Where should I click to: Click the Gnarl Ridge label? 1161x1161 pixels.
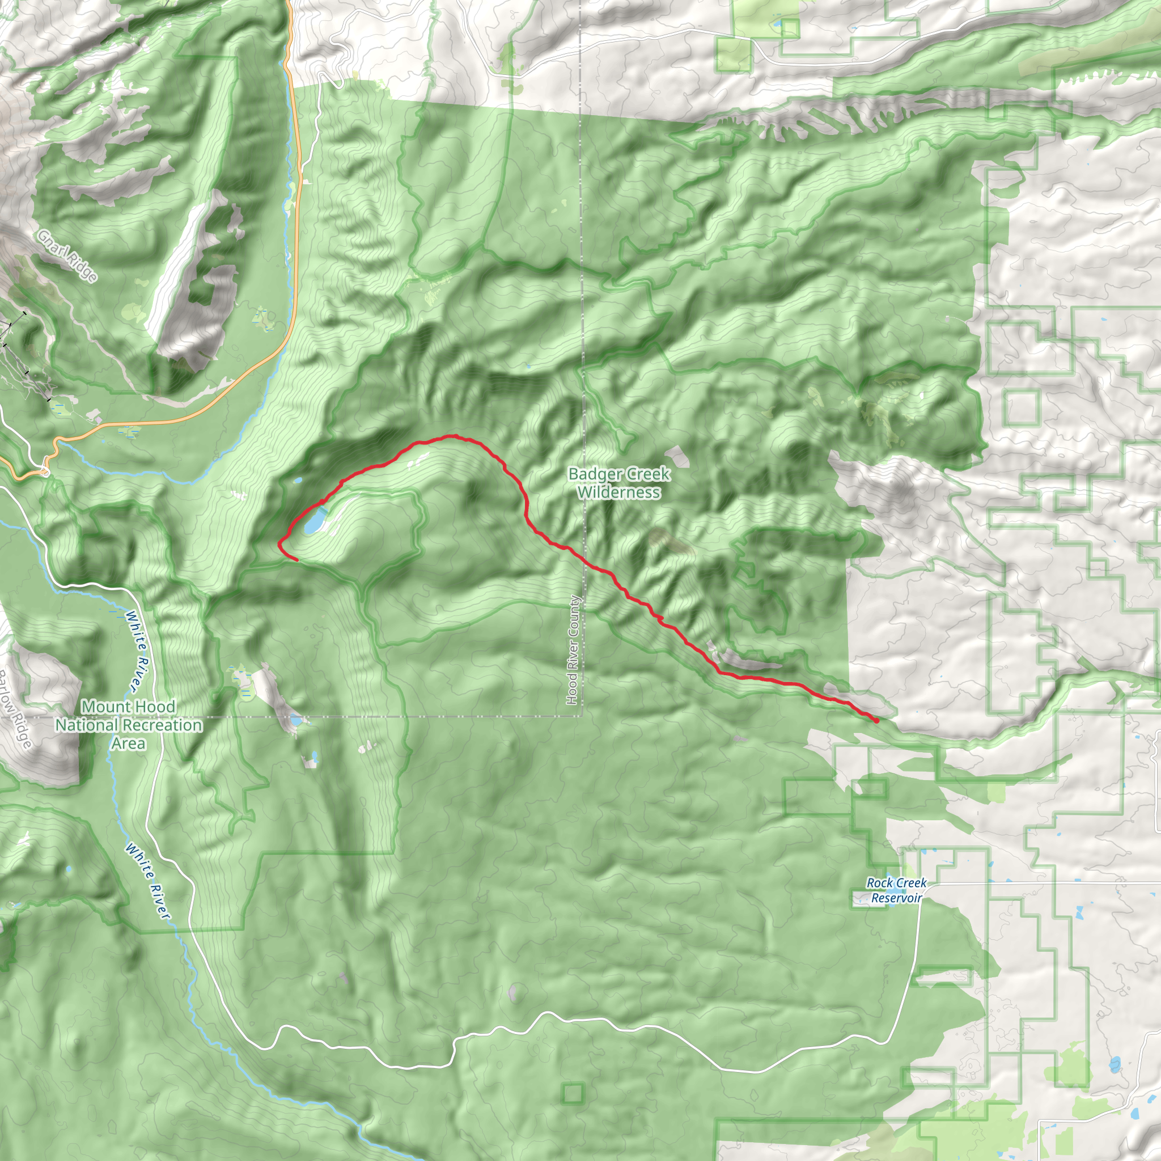tap(67, 256)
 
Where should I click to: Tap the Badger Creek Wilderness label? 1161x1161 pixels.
tap(619, 483)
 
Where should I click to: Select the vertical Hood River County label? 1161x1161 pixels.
tap(573, 650)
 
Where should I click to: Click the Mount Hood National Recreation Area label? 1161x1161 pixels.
tap(129, 724)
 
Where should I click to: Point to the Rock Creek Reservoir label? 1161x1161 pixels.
tap(896, 890)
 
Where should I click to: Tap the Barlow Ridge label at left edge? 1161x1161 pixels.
tap(16, 709)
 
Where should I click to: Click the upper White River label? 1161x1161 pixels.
tap(138, 651)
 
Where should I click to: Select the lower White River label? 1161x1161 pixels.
tap(148, 881)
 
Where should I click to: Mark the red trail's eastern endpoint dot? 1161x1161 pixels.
tap(876, 720)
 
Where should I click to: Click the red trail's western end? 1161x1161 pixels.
tap(297, 560)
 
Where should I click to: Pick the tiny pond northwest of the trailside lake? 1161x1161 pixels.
tap(298, 481)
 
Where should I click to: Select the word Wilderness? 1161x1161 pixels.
tap(619, 492)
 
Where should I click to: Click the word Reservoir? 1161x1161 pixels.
tap(896, 898)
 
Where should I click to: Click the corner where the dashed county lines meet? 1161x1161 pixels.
tap(582, 716)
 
